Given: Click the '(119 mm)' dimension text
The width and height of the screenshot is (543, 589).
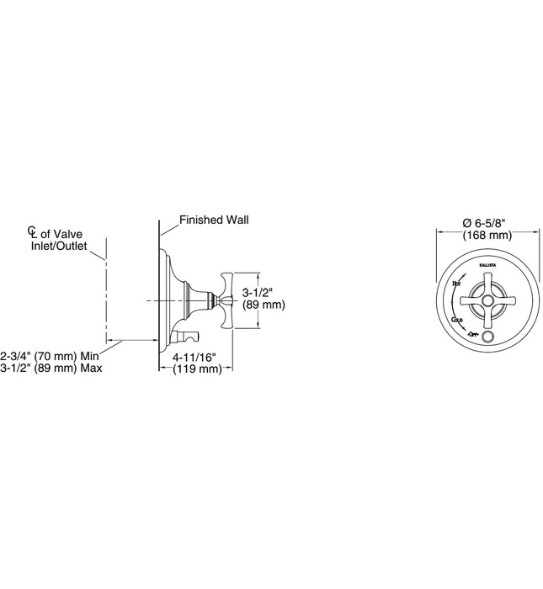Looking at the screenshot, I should [196, 369].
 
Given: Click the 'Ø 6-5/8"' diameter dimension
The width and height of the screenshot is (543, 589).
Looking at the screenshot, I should [487, 222].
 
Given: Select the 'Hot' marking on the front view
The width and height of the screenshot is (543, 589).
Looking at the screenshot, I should [457, 285].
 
